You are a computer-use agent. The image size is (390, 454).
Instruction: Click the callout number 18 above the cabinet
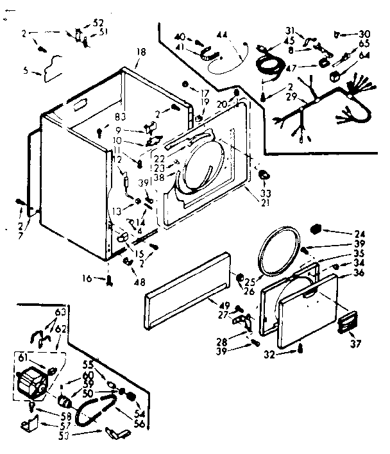point(140,51)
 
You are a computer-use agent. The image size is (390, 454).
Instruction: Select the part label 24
point(360,233)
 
